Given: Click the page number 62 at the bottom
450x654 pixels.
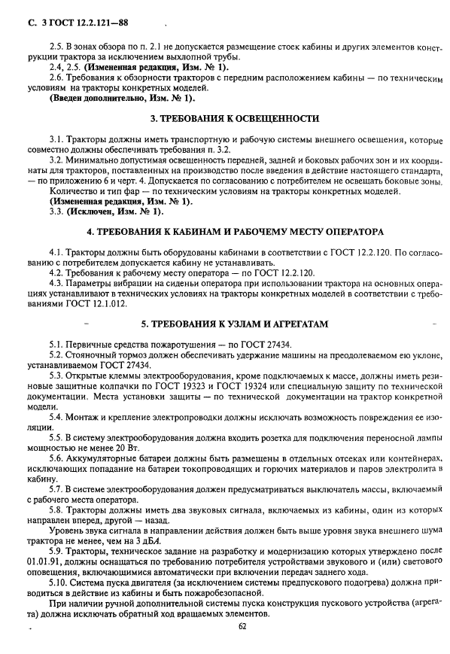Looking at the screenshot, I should click(242, 625).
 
